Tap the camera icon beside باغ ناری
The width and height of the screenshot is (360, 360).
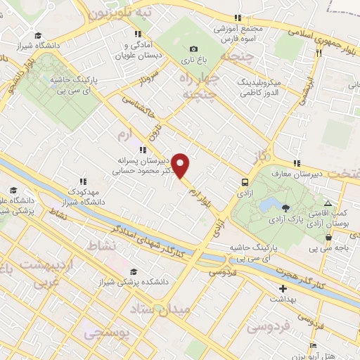pyautogui.click(x=193, y=49)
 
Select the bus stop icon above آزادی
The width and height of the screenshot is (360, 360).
pyautogui.click(x=244, y=179)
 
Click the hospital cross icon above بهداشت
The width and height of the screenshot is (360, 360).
pyautogui.click(x=283, y=288)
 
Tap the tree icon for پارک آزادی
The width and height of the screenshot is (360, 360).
pyautogui.click(x=285, y=207)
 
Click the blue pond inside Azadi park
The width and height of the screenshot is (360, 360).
pyautogui.click(x=269, y=205)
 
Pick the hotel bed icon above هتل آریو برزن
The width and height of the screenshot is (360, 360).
pyautogui.click(x=312, y=345)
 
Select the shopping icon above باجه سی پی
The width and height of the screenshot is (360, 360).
pyautogui.click(x=328, y=237)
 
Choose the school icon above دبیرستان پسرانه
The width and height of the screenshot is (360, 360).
pyautogui.click(x=143, y=150)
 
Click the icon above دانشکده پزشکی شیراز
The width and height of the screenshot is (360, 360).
pyautogui.click(x=134, y=272)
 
